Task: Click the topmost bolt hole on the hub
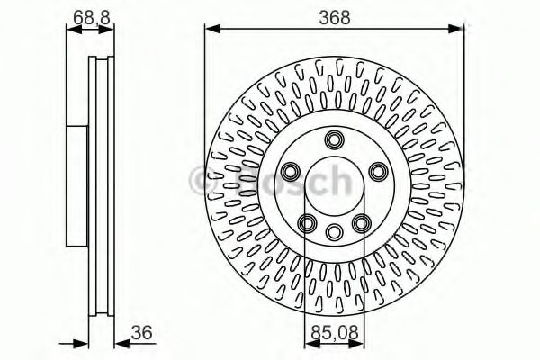[x=335, y=139]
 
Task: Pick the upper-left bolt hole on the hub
[x=292, y=172]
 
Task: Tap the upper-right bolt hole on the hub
[x=378, y=172]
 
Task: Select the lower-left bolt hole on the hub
[x=307, y=222]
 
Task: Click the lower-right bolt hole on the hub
[x=363, y=222]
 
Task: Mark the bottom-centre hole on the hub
[x=335, y=230]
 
